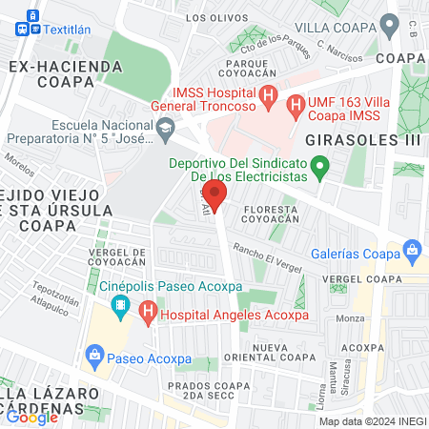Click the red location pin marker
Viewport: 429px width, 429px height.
coord(214,197)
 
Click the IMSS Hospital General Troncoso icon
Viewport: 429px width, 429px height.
coord(269,96)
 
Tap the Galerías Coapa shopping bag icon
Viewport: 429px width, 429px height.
coord(412,253)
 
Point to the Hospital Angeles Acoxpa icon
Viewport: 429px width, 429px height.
coord(147,312)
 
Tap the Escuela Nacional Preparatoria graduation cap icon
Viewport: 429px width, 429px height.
coord(165,128)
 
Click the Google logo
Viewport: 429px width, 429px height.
coord(31,417)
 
